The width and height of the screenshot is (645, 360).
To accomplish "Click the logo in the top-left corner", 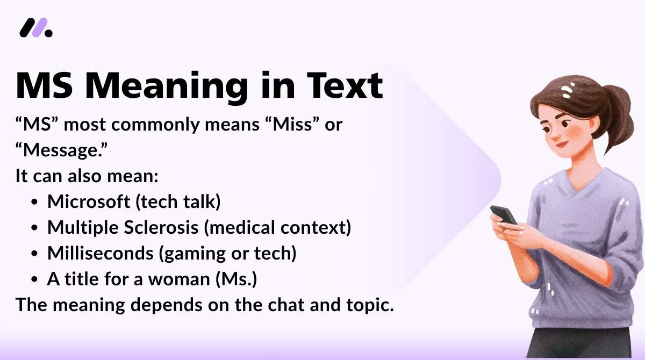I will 35,27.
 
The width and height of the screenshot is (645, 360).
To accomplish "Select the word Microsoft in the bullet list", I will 89,201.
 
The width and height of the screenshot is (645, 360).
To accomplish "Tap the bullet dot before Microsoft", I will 35,203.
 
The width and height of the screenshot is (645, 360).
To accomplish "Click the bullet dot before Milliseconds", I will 35,254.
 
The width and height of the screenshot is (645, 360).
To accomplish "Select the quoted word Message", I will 62,150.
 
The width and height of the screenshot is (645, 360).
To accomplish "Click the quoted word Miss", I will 282,125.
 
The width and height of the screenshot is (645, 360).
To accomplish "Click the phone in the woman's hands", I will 503,214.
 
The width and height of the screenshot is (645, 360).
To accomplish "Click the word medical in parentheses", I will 236,227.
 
